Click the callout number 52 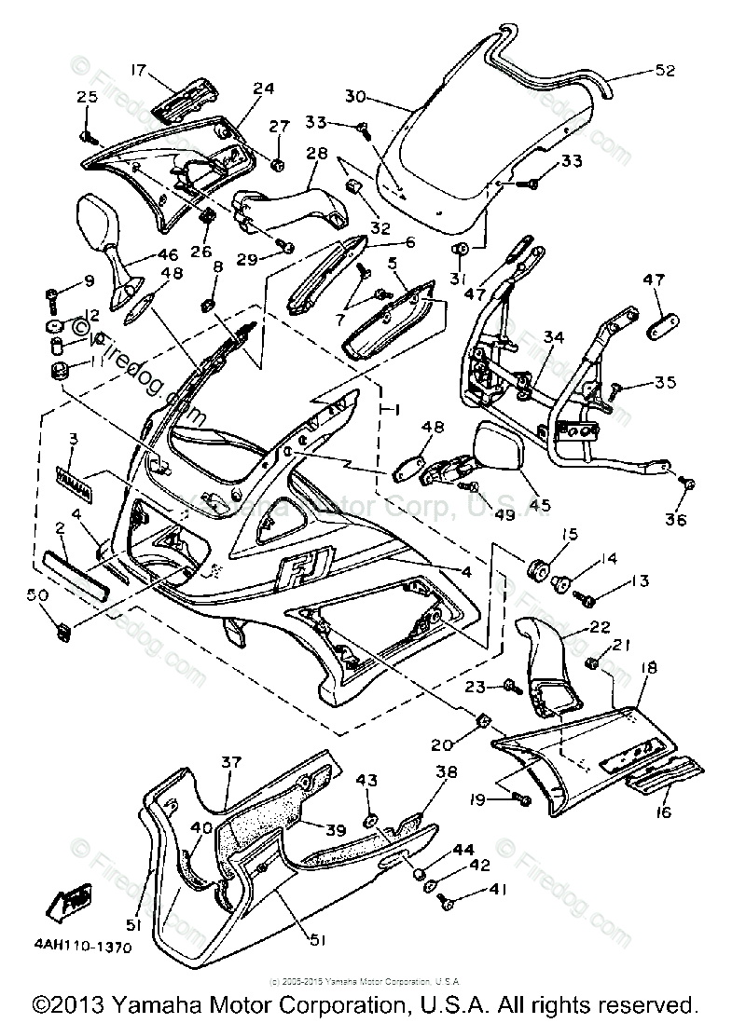[x=665, y=71]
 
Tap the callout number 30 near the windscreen [x=355, y=96]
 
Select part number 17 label [x=138, y=69]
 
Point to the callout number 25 [x=86, y=97]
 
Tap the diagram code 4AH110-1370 [x=85, y=947]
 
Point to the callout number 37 [x=230, y=762]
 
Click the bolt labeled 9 [x=52, y=299]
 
